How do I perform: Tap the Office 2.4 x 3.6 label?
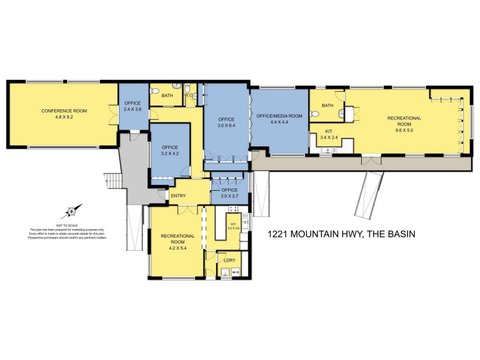(132, 106)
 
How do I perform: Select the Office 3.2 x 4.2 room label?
(170, 150)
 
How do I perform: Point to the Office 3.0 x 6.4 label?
(226, 122)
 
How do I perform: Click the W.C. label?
(188, 95)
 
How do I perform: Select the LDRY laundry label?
(229, 259)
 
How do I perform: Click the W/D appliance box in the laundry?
(235, 273)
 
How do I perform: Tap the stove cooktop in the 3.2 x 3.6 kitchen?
(233, 210)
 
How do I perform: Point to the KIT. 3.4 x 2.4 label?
(332, 133)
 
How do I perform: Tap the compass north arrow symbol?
(71, 211)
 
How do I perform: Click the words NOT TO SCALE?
(69, 226)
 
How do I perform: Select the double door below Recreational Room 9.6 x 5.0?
(370, 160)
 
